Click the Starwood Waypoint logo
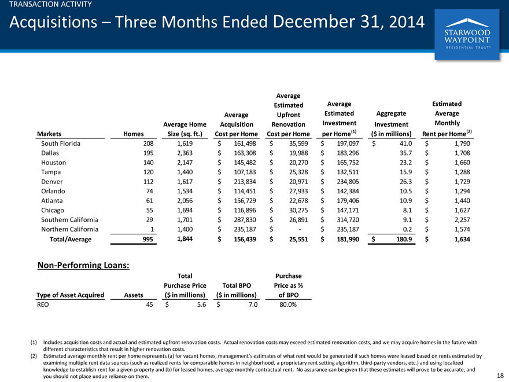[x=467, y=34]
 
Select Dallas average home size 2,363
[x=185, y=153]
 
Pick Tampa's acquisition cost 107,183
[x=245, y=172]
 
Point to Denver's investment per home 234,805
[x=348, y=182]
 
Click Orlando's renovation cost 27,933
[x=298, y=191]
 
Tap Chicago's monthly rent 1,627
[x=462, y=210]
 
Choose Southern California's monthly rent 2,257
[x=462, y=219]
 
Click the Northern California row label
[x=70, y=229]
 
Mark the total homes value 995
[x=147, y=239]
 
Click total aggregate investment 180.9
[x=404, y=239]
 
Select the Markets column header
[x=49, y=134]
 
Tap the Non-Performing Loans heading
[x=83, y=265]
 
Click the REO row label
[x=43, y=304]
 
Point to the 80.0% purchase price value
[x=288, y=304]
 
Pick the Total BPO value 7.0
[x=253, y=304]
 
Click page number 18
[x=500, y=376]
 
